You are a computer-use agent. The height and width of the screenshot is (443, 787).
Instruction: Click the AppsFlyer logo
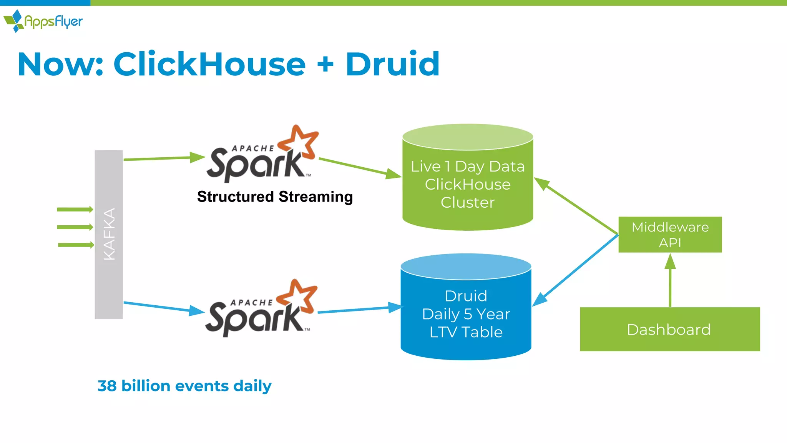pyautogui.click(x=43, y=21)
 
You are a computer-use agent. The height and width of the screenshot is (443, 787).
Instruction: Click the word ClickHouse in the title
pyautogui.click(x=209, y=64)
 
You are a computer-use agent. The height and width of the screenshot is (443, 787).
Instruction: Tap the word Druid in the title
pyautogui.click(x=392, y=64)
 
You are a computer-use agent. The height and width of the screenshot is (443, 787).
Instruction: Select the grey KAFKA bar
pyautogui.click(x=109, y=234)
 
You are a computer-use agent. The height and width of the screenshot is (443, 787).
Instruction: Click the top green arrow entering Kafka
pyautogui.click(x=75, y=209)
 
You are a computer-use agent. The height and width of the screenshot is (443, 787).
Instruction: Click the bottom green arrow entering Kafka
pyautogui.click(x=76, y=245)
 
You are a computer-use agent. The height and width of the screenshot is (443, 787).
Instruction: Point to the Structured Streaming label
pyautogui.click(x=275, y=197)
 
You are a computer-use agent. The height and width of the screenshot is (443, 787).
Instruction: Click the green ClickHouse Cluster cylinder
pyautogui.click(x=467, y=184)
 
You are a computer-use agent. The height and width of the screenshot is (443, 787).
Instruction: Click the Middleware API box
pyautogui.click(x=670, y=235)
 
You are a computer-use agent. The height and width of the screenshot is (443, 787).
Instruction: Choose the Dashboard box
pyautogui.click(x=669, y=329)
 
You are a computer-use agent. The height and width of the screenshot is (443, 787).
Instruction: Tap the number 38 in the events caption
pyautogui.click(x=107, y=386)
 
